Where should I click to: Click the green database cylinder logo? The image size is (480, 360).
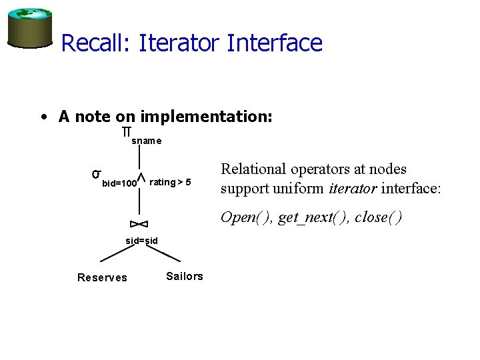(29, 27)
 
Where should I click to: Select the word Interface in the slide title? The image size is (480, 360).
(275, 43)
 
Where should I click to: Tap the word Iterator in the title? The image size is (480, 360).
(179, 43)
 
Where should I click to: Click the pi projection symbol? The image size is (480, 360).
(126, 133)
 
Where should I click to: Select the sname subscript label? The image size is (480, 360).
(146, 141)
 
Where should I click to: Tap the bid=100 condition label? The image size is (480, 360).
(119, 182)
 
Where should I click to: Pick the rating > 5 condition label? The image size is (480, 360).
(171, 182)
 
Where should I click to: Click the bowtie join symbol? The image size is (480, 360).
(139, 223)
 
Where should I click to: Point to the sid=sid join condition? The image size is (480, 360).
(141, 240)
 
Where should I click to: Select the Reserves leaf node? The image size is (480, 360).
(102, 278)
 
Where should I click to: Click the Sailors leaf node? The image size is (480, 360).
(184, 276)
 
